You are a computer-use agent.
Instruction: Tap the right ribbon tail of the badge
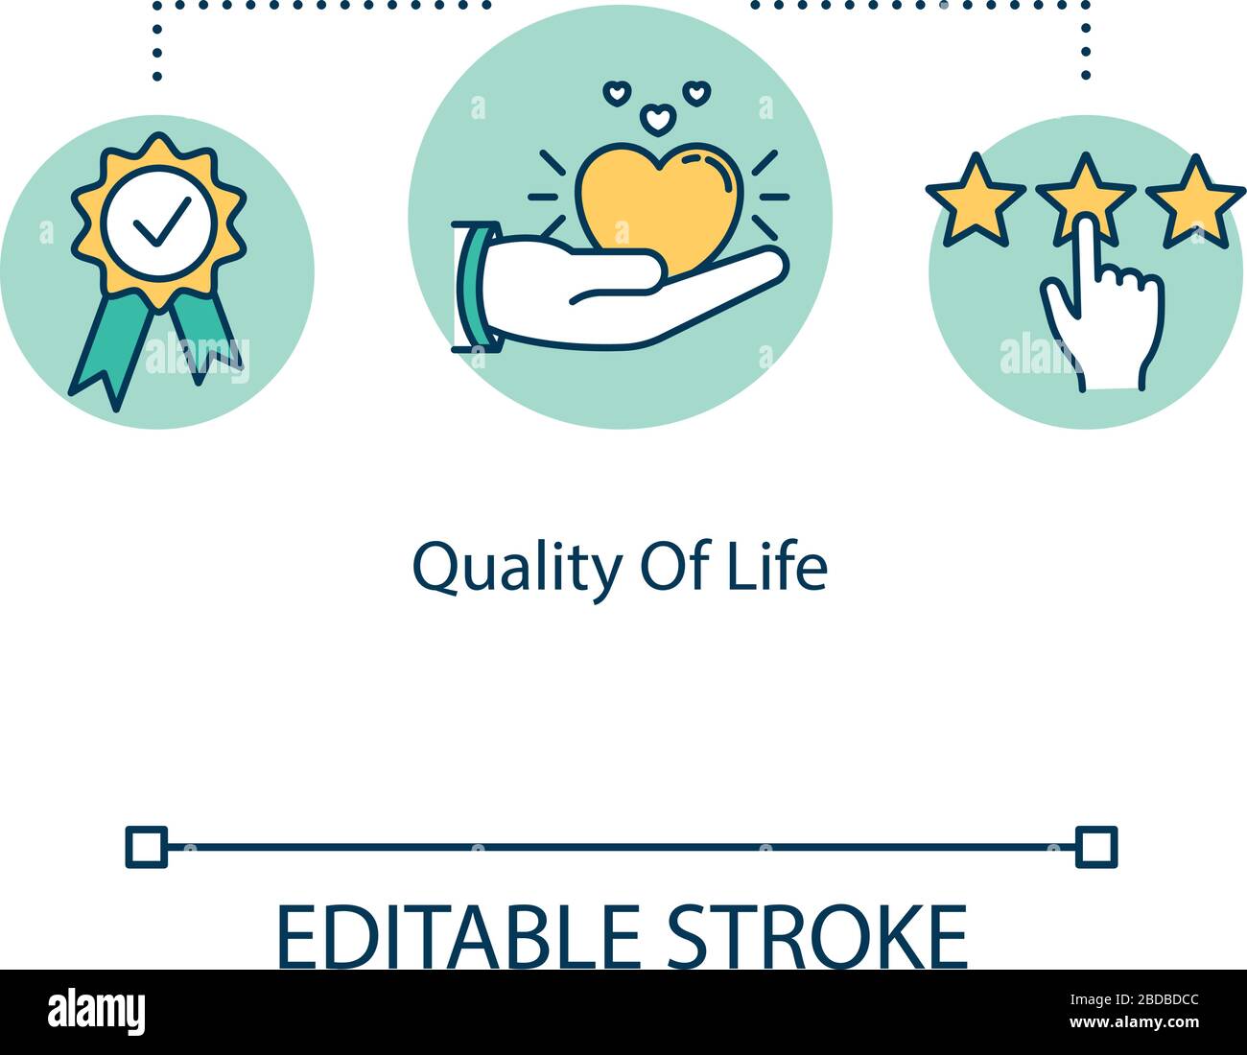pyautogui.click(x=206, y=331)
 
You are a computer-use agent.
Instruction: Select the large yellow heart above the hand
pyautogui.click(x=660, y=201)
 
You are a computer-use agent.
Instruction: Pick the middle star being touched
pyautogui.click(x=1085, y=198)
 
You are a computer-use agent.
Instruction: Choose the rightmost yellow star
pyautogui.click(x=1195, y=199)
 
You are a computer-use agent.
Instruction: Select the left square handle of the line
pyautogui.click(x=146, y=847)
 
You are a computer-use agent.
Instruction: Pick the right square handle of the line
pyautogui.click(x=1096, y=847)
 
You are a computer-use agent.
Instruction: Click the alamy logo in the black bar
pyautogui.click(x=97, y=1011)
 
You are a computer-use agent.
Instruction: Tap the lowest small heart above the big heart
pyautogui.click(x=656, y=120)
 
